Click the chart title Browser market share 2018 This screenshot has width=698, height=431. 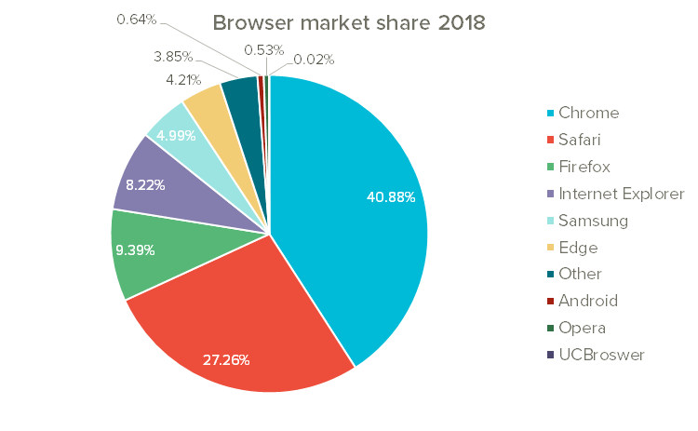pos(349,22)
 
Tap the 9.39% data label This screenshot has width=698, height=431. pos(135,249)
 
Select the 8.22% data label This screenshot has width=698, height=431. pos(145,184)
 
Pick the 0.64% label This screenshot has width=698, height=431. pos(137,19)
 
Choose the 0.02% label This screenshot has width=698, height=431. pos(314,60)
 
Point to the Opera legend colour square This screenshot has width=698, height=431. pos(550,328)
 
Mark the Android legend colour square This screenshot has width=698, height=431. pos(550,301)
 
